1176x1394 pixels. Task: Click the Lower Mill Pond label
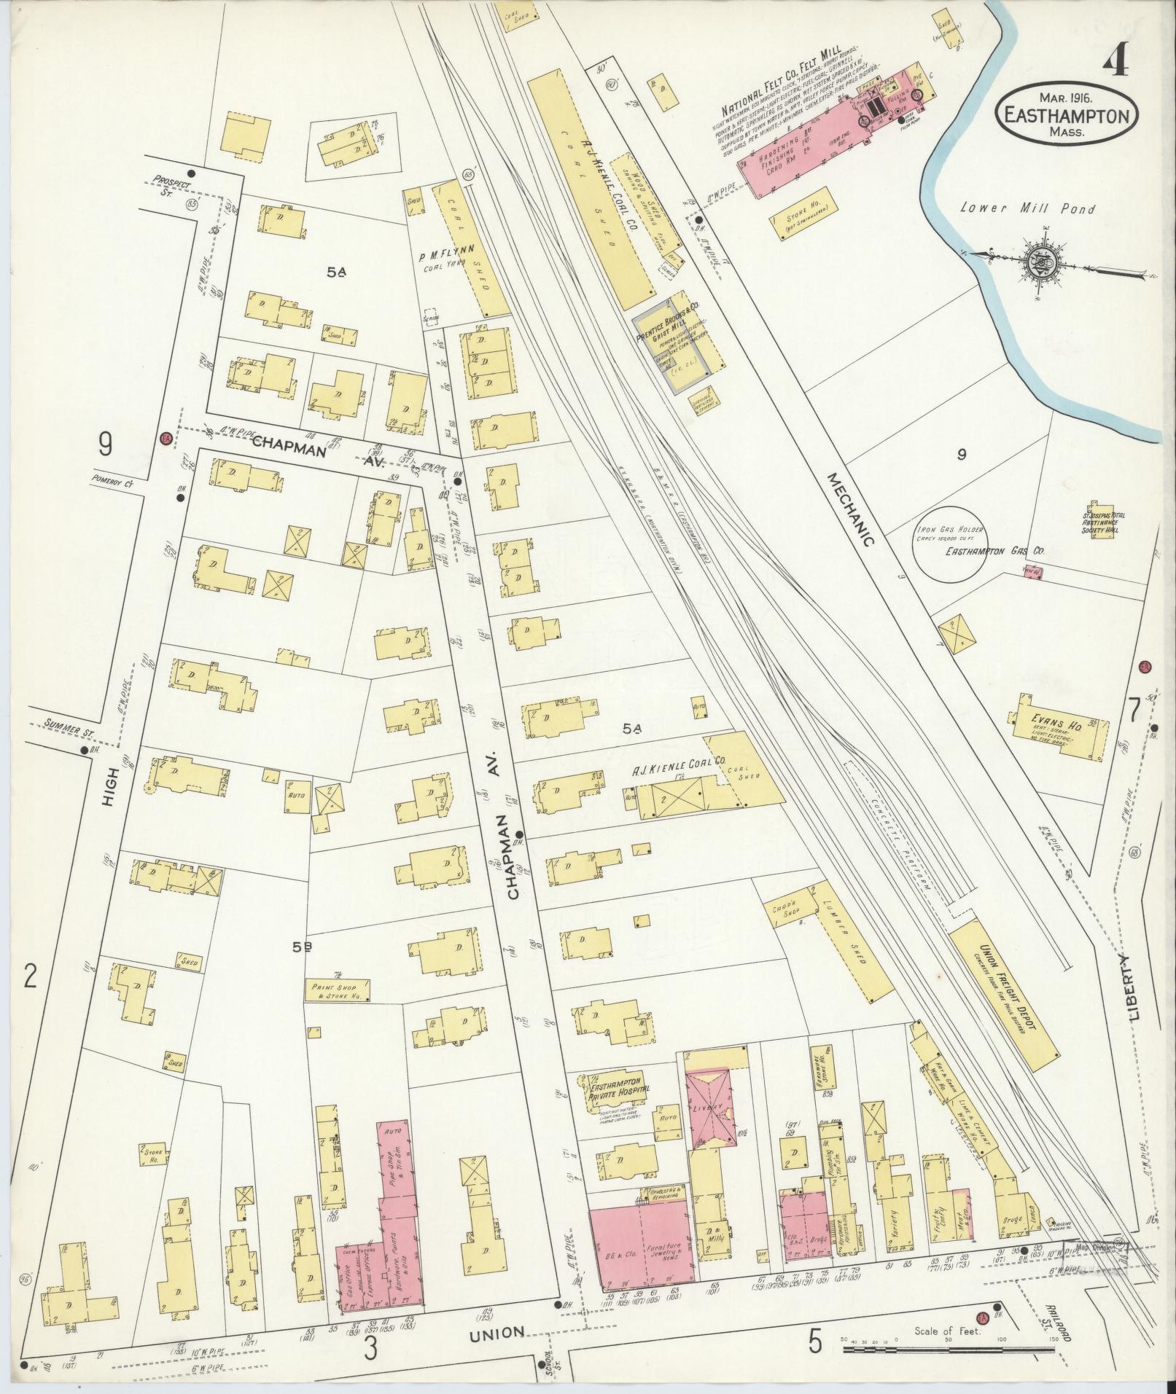[1027, 209]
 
